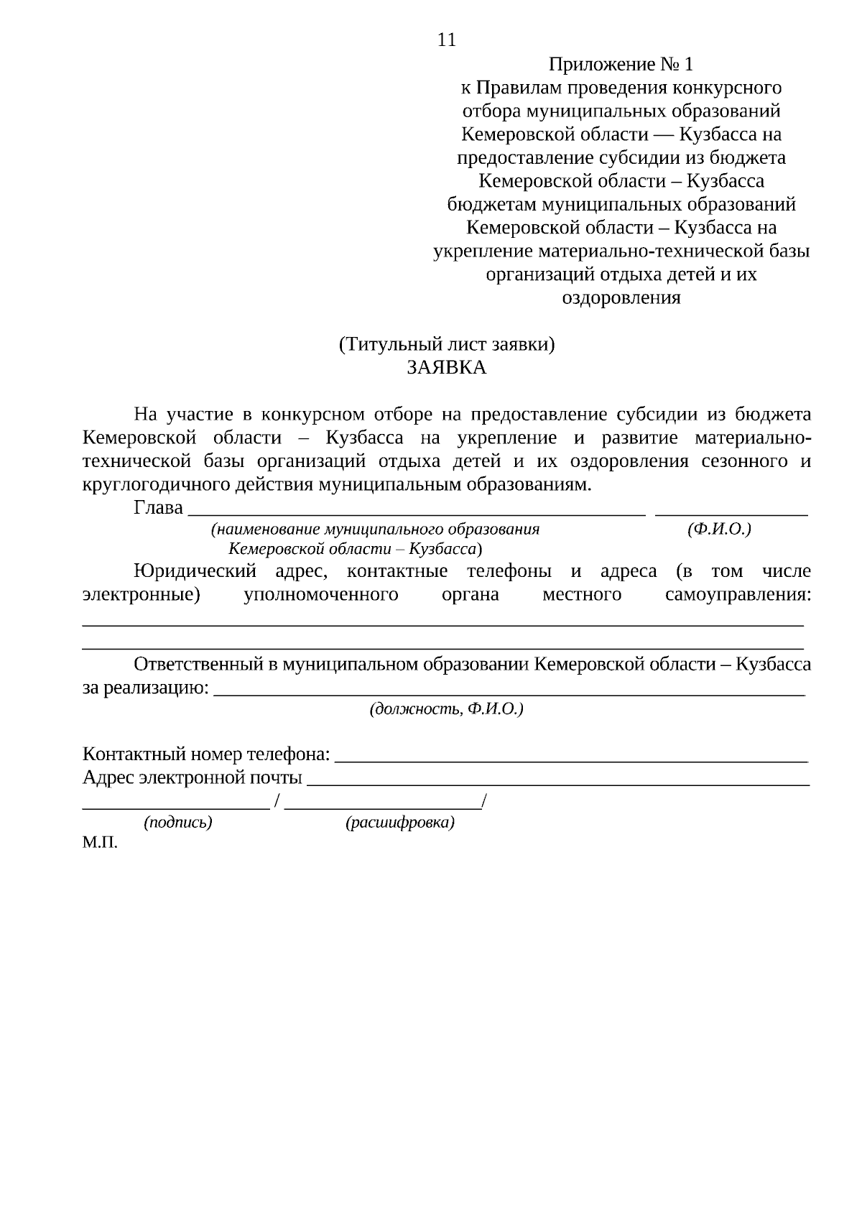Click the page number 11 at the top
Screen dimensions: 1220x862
446,40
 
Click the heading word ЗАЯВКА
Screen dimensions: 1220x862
446,368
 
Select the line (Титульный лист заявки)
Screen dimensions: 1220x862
446,345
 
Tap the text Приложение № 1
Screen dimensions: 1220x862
621,65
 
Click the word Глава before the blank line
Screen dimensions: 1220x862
158,508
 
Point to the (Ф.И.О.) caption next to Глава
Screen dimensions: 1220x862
719,530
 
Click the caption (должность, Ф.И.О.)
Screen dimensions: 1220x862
446,709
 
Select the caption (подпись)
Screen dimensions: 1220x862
178,823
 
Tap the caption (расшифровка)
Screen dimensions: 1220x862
400,823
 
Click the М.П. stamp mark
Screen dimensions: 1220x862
100,843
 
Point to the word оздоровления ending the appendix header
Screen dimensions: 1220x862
621,297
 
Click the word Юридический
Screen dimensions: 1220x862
195,572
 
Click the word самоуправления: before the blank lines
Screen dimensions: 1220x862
738,595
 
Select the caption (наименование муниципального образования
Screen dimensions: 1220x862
374,530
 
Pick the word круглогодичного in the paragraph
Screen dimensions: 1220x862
157,484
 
